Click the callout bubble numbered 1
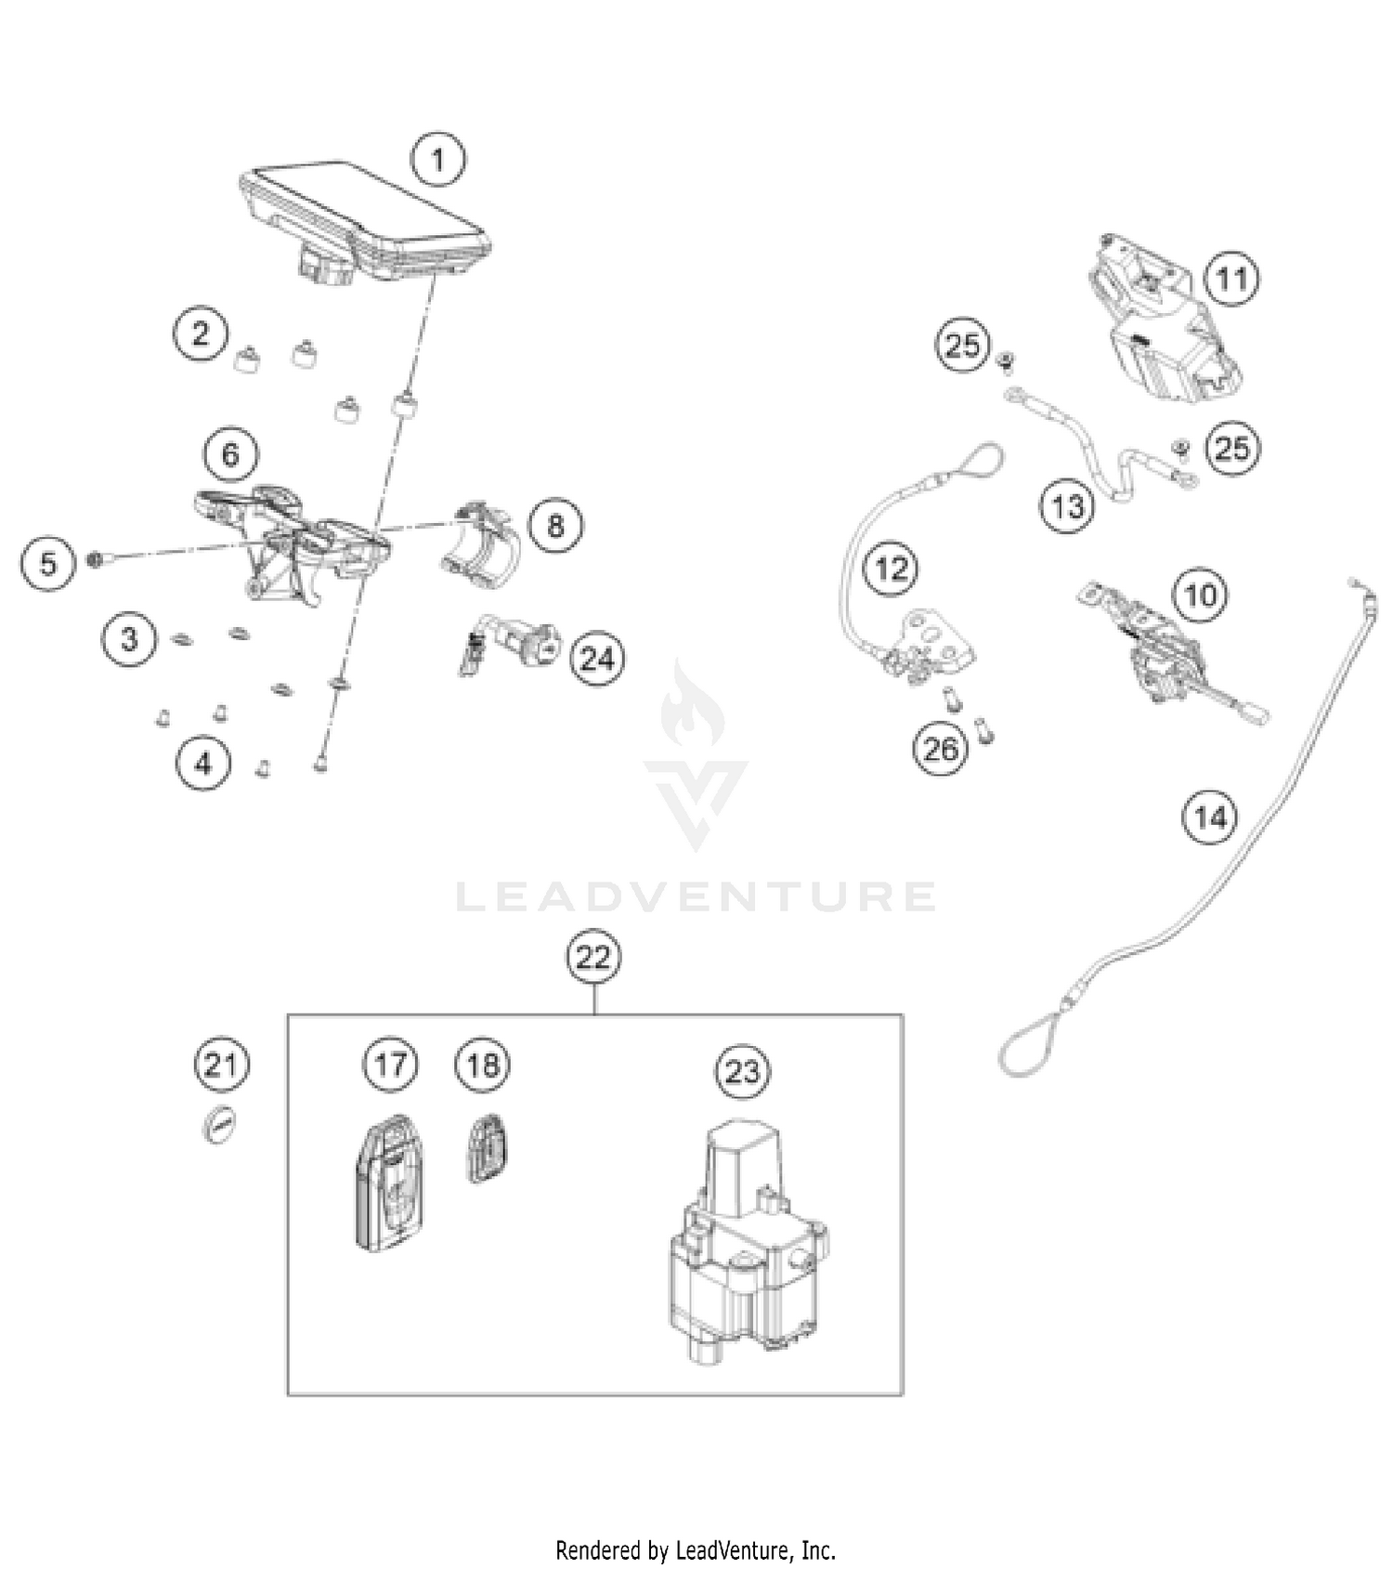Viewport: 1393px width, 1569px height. pyautogui.click(x=437, y=159)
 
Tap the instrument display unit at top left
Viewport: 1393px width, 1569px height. pyautogui.click(x=364, y=220)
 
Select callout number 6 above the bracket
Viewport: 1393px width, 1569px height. pyautogui.click(x=230, y=454)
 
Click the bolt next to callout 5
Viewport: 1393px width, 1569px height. pyautogui.click(x=96, y=559)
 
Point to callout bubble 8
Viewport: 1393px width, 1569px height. pyautogui.click(x=555, y=526)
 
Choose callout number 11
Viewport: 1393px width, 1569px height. pyautogui.click(x=1232, y=279)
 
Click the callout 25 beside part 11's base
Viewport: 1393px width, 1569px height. pyautogui.click(x=1232, y=449)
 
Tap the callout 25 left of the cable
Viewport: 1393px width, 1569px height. pyautogui.click(x=962, y=346)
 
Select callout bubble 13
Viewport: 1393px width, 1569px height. pyautogui.click(x=1068, y=506)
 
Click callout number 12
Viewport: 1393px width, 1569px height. pyautogui.click(x=892, y=569)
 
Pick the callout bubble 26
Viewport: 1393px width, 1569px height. pyautogui.click(x=940, y=748)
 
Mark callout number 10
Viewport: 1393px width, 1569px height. pyautogui.click(x=1201, y=594)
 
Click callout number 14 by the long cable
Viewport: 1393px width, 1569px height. pyautogui.click(x=1210, y=817)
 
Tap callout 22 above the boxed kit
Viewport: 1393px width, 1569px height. pyautogui.click(x=593, y=956)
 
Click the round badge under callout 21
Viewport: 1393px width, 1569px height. pyautogui.click(x=219, y=1124)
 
